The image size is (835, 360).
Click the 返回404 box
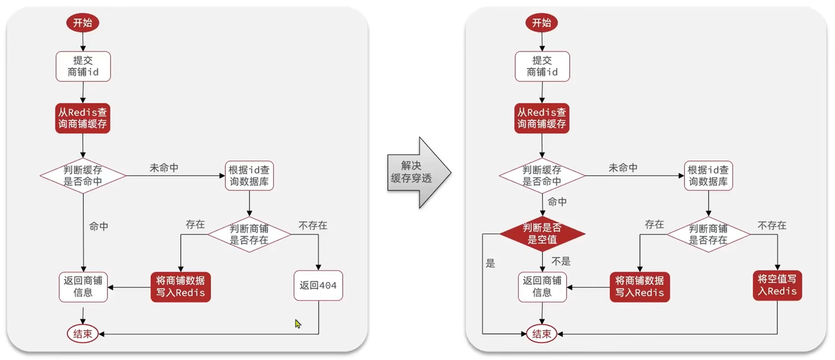pos(318,286)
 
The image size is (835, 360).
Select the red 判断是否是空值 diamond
pos(542,233)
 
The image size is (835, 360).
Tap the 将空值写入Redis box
pos(777,286)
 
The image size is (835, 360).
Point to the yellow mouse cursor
pos(298,324)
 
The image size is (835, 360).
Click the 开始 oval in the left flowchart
pos(83,23)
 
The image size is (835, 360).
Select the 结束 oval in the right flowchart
pos(541,333)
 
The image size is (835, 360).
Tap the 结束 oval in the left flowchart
pos(83,333)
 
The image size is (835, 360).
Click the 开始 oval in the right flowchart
pos(541,23)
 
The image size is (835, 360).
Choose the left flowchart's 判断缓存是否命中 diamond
pos(83,175)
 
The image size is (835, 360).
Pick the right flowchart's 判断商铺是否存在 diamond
pos(708,234)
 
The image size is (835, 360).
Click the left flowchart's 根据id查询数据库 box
pos(249,175)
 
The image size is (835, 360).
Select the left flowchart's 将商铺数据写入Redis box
pos(181,287)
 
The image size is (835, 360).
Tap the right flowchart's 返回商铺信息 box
pos(542,287)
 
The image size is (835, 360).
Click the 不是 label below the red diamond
pos(561,262)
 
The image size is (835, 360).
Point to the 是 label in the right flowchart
pos(491,263)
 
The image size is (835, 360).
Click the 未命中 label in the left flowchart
pos(164,168)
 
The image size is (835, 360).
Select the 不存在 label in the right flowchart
pos(772,225)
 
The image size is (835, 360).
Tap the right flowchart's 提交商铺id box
pos(542,67)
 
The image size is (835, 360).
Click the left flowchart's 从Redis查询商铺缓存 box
pos(83,118)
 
